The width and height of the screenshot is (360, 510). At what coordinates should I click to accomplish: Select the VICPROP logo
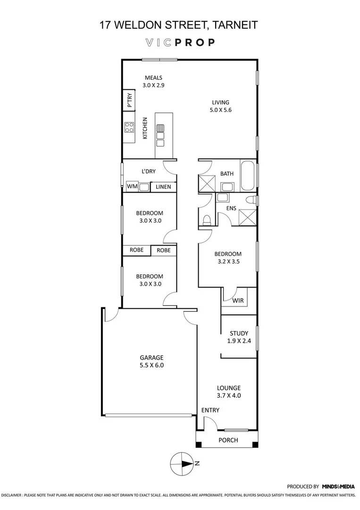[x=180, y=42]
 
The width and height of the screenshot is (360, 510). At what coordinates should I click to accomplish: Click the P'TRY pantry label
[x=130, y=101]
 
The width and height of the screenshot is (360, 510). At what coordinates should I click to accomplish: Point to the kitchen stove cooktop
[x=129, y=127]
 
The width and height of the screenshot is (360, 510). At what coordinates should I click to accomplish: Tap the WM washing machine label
[x=132, y=187]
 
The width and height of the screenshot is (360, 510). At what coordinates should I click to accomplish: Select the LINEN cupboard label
[x=163, y=187]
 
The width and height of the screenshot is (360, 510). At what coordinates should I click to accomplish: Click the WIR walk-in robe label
[x=238, y=300]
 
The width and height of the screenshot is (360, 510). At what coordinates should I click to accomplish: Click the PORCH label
[x=228, y=440]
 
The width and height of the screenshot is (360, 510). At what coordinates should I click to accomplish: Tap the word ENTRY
[x=210, y=410]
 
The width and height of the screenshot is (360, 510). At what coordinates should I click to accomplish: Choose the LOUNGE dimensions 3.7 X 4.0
[x=229, y=396]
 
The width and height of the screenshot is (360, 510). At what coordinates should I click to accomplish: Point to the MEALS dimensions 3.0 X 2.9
[x=153, y=85]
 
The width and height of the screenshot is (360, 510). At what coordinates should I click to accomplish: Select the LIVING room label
[x=220, y=102]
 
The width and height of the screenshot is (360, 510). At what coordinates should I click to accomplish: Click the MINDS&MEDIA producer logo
[x=338, y=486]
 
